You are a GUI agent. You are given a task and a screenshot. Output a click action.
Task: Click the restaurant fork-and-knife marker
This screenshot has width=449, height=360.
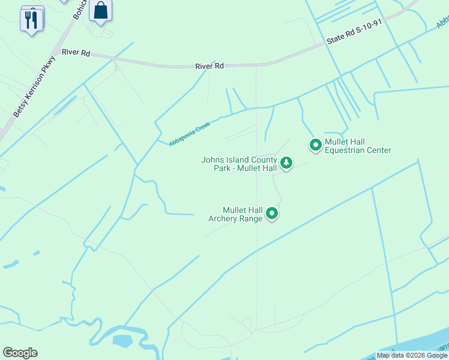(x=31, y=20)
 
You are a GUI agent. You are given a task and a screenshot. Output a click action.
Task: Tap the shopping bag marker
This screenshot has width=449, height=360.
(x=101, y=11)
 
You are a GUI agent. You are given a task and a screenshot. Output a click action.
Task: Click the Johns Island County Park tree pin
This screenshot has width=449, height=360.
(x=286, y=163)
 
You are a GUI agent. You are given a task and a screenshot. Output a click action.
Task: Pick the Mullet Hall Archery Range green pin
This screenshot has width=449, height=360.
(x=272, y=213)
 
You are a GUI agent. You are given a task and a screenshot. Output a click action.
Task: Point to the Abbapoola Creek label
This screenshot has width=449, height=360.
(x=189, y=134)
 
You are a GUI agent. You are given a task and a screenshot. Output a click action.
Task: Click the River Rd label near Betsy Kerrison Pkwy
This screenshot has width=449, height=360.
(x=77, y=53)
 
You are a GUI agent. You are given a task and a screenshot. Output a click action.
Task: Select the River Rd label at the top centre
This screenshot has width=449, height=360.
(x=209, y=66)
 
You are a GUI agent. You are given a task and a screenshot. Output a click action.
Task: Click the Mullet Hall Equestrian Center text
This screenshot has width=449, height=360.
(x=358, y=146)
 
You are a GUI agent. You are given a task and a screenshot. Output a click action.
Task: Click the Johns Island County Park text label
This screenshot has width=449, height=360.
(x=239, y=164)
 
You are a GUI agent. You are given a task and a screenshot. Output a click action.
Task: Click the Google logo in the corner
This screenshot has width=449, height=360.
(x=20, y=353)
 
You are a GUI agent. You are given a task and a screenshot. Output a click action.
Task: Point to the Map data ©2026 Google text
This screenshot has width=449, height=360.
(x=412, y=355)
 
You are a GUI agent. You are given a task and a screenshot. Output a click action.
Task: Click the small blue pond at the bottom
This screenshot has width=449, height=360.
(x=122, y=341)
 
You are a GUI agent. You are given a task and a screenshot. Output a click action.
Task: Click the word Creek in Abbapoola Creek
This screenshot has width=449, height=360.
(x=203, y=127)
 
